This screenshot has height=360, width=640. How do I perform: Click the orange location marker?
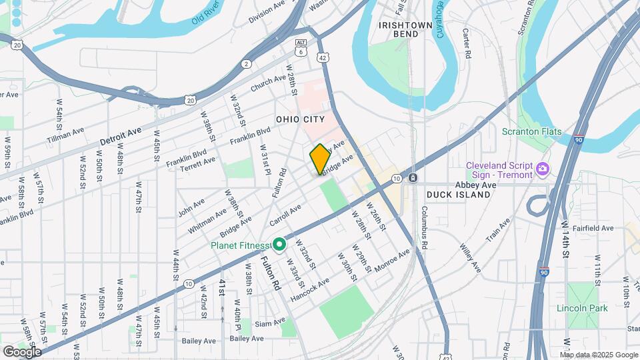point(320,159)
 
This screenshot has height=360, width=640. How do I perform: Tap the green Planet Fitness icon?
point(281,245)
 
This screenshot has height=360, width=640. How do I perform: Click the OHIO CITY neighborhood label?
point(300,119)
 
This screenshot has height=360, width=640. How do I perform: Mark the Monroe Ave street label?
point(391,261)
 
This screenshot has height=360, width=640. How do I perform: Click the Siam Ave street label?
point(269,324)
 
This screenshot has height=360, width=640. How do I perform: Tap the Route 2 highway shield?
point(247,64)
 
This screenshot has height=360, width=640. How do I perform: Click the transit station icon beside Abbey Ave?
point(413,178)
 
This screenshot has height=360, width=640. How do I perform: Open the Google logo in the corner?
point(22,351)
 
